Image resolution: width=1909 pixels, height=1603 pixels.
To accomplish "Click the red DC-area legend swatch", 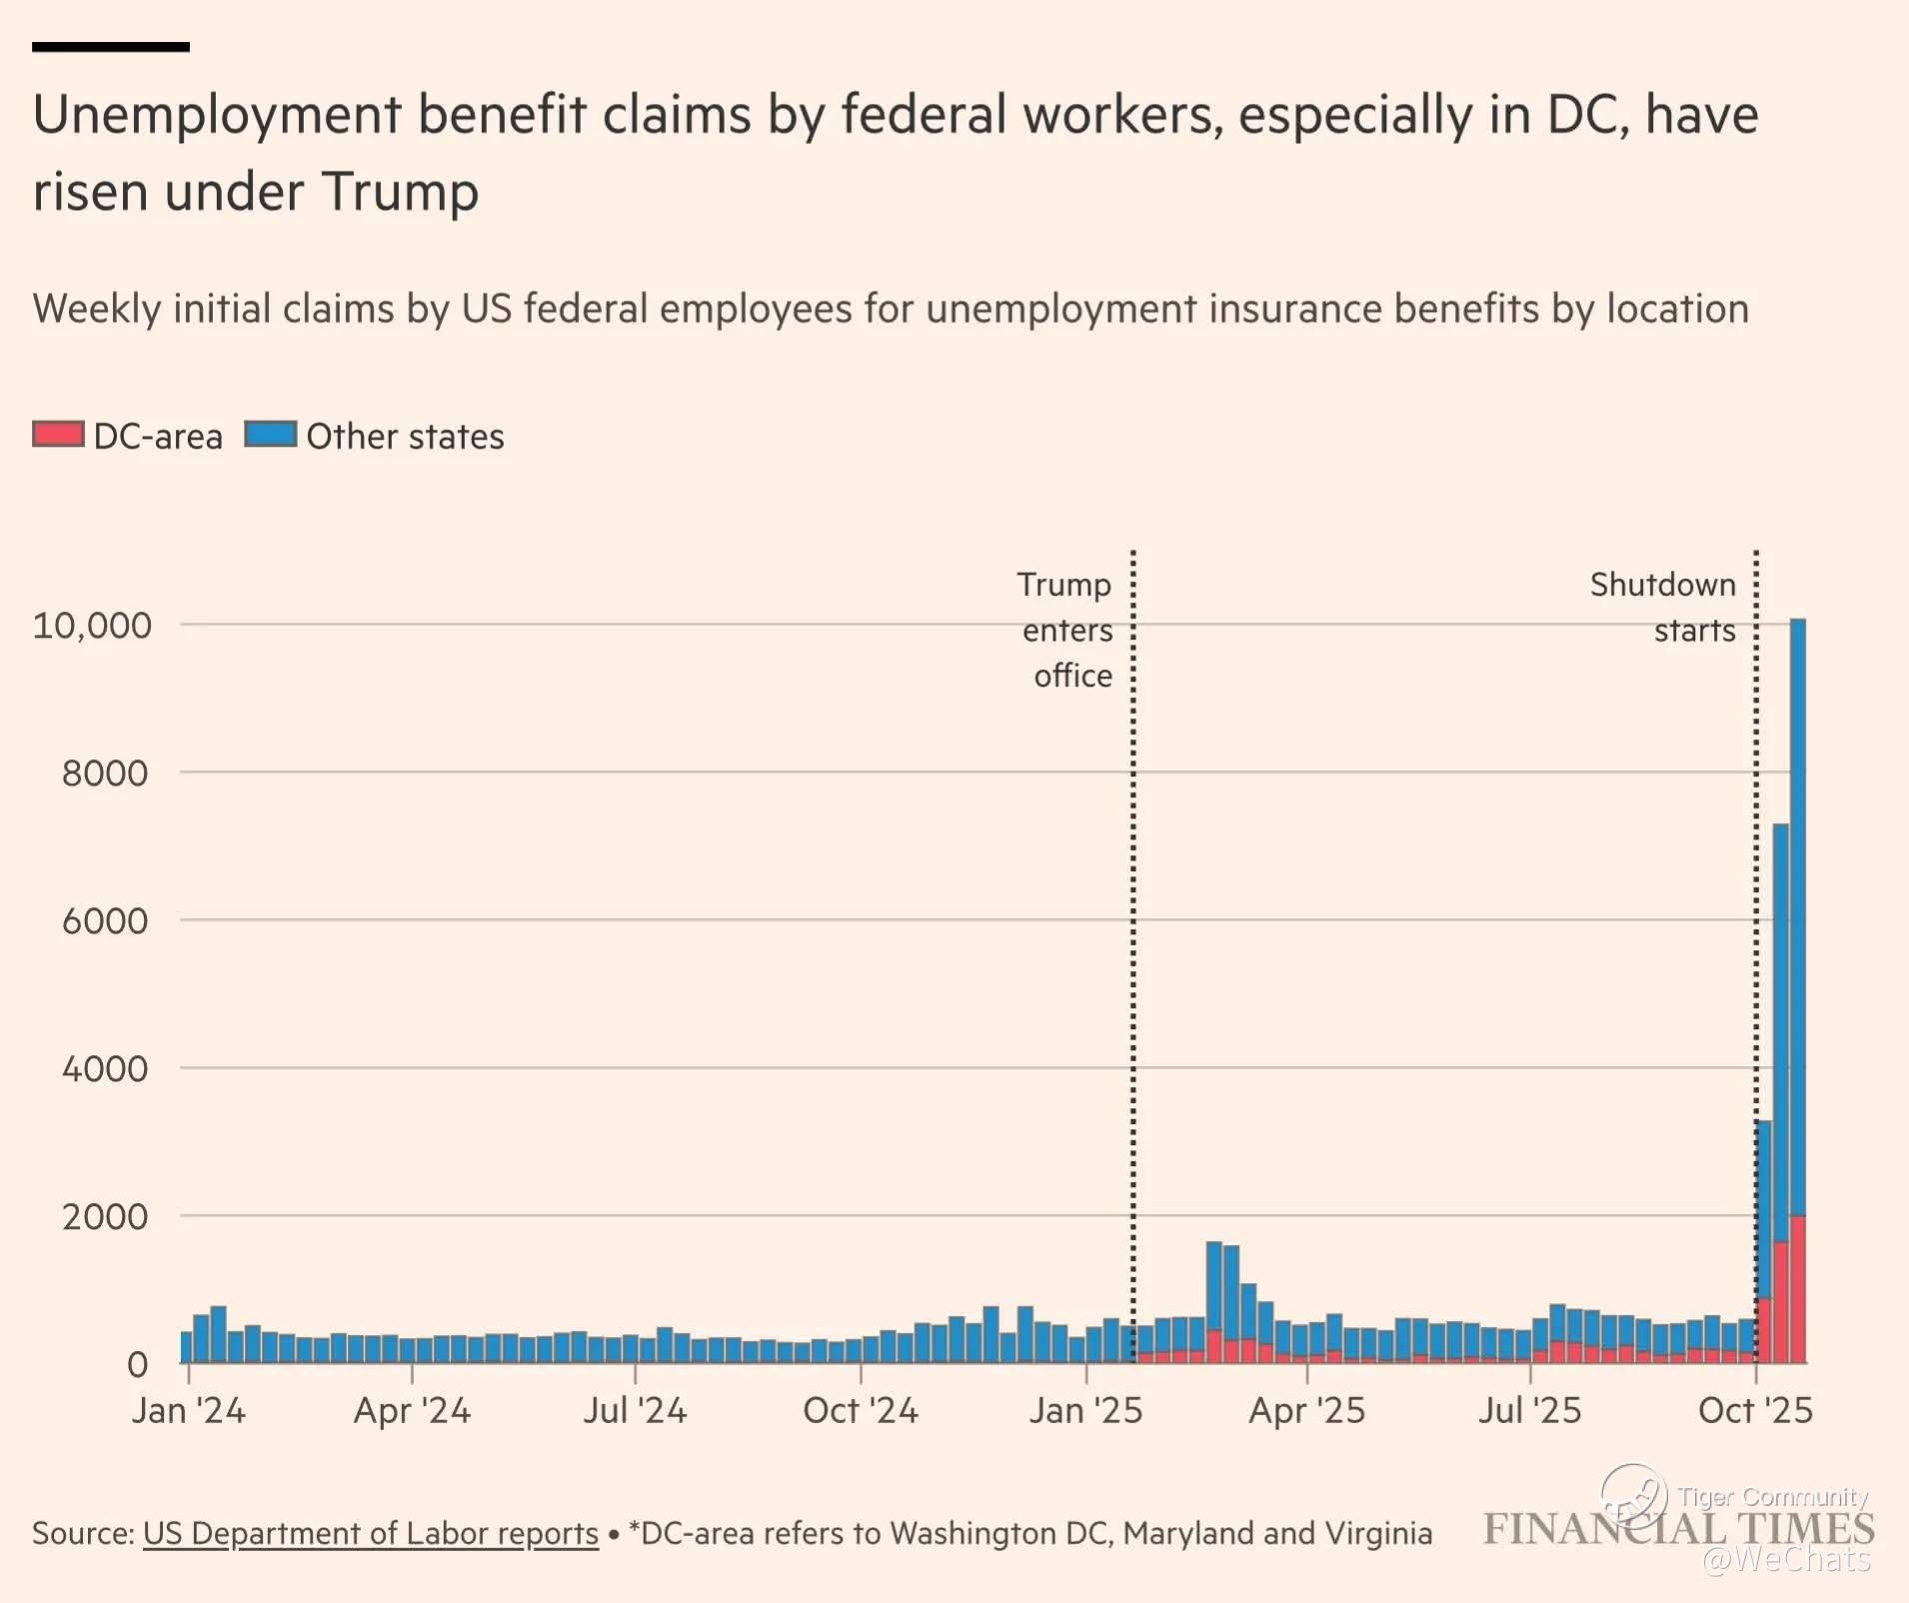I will pos(58,435).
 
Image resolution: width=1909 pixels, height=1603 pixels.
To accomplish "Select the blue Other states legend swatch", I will pos(270,435).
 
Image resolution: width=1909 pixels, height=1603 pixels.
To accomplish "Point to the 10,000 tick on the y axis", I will pos(92,626).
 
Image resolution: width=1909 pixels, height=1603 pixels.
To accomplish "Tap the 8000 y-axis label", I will pos(105,774).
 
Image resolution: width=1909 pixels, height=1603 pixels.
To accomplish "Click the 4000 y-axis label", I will pos(105,1069).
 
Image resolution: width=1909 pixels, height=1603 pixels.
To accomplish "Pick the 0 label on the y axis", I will pos(137,1364).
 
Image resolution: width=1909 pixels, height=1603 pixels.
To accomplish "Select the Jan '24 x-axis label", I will pos(188,1410).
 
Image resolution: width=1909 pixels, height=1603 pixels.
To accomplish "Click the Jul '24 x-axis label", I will pos(635,1410).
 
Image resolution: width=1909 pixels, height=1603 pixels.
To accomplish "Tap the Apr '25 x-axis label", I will pos(1306,1410).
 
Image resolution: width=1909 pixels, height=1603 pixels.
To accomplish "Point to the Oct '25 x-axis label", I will pos(1755,1410).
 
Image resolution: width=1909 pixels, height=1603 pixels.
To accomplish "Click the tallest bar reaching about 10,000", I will pos(1797,899).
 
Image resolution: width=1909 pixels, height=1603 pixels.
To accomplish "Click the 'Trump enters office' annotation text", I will pos(1066,630).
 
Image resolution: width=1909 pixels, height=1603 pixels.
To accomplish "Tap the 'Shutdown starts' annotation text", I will pos(1663,607).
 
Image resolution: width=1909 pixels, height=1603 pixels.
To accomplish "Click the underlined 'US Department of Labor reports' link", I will pos(370,1533).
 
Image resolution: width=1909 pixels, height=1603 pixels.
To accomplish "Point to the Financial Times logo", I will pos(1678,1529).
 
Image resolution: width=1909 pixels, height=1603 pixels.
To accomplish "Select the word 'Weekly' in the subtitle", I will pos(96,309).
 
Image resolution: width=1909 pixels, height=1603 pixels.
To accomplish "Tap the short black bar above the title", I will pos(110,47).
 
